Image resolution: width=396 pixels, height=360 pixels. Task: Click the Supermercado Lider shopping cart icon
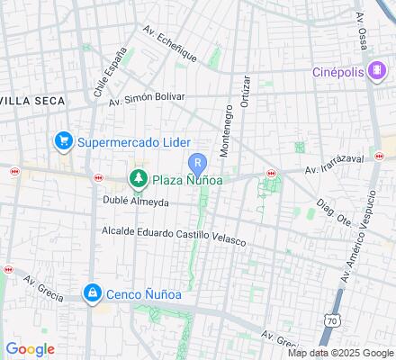point(63,141)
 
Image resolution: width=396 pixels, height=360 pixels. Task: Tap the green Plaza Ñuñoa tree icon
point(138,179)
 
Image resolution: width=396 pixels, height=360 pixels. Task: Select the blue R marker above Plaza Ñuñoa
point(197,163)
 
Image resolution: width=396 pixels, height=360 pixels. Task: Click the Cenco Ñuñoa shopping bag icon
point(93,293)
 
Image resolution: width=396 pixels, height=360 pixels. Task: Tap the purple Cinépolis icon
point(376,73)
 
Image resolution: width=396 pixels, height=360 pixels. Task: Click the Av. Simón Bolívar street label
point(146,97)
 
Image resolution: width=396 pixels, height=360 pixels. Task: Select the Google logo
point(31,349)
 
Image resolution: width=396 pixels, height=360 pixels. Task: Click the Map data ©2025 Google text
point(340,353)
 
